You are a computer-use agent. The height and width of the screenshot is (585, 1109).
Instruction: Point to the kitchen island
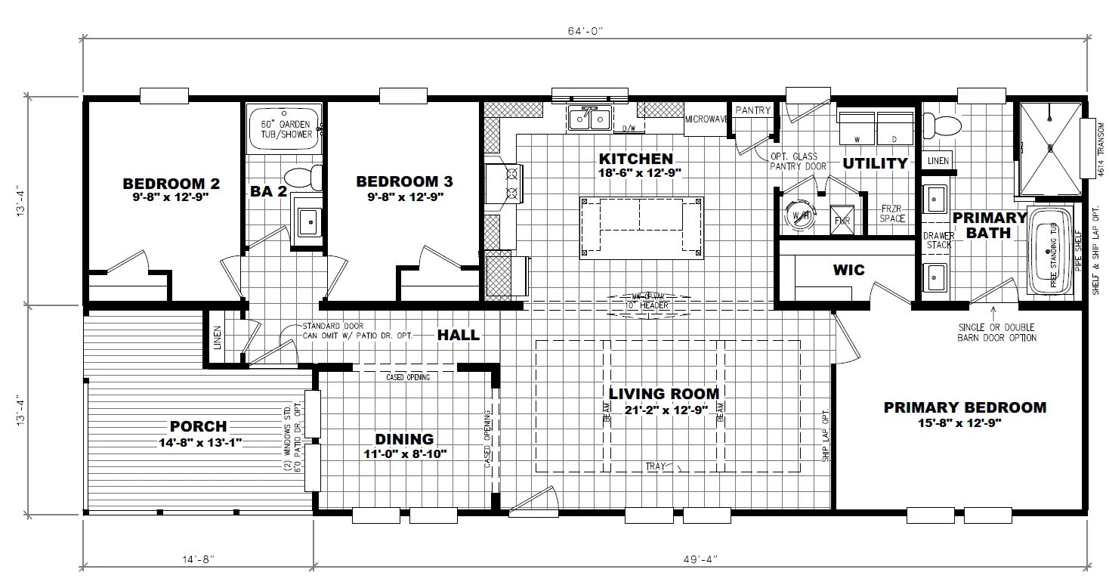641,227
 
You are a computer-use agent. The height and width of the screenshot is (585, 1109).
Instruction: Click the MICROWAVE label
706,119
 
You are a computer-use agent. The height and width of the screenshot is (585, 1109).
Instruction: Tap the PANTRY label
752,110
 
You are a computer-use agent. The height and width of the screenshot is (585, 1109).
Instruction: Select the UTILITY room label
875,163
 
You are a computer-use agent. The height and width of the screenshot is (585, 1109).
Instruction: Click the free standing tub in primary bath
1052,252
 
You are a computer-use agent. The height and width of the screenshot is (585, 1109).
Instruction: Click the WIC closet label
848,270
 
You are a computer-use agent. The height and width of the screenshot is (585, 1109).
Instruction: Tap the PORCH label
198,427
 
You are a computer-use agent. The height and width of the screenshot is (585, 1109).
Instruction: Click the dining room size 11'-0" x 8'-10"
405,453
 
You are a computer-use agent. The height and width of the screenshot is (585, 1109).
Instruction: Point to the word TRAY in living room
656,466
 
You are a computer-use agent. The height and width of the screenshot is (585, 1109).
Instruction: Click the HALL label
459,334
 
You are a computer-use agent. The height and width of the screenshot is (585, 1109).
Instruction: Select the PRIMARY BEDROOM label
965,407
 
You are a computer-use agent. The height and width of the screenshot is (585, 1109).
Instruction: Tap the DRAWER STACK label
939,240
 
